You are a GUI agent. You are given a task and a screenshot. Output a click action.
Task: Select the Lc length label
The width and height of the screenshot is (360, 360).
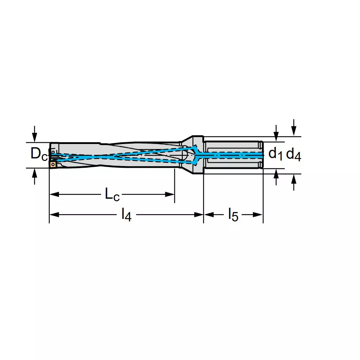pyautogui.click(x=112, y=195)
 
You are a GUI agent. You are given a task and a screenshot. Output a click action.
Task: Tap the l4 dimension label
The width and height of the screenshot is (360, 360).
pyautogui.click(x=126, y=215)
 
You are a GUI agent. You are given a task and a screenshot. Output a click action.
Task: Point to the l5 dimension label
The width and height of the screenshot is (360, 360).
pyautogui.click(x=233, y=215)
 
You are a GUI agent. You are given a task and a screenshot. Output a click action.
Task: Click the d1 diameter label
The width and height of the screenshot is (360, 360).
pyautogui.click(x=275, y=154)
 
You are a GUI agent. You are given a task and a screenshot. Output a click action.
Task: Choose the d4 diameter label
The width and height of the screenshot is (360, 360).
pyautogui.click(x=293, y=155)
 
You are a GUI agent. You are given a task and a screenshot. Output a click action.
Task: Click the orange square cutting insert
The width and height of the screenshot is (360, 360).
pyautogui.click(x=53, y=165)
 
